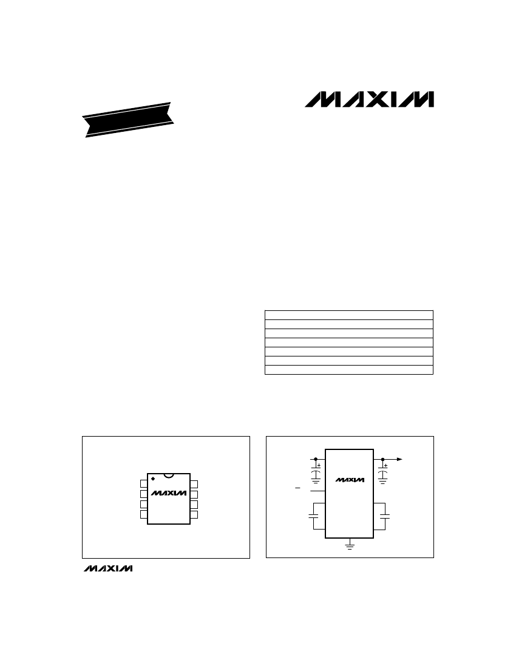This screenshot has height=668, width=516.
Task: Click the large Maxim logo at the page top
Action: click(369, 100)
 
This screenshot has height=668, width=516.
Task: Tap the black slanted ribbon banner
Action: click(129, 120)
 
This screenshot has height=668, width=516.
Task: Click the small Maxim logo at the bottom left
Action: click(107, 569)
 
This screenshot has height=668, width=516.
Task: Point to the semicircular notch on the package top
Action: click(169, 475)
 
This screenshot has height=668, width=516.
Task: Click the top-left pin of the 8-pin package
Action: click(144, 484)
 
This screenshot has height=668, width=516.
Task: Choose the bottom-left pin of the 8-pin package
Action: click(144, 514)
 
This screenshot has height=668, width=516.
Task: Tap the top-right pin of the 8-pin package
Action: click(194, 484)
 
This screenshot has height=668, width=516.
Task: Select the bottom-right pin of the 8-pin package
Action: click(194, 514)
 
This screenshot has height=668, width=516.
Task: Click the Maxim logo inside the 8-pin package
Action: click(169, 492)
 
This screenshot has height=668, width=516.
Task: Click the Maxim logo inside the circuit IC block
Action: click(350, 480)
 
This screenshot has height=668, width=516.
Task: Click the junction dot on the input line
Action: click(316, 460)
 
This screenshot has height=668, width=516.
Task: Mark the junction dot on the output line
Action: click(382, 460)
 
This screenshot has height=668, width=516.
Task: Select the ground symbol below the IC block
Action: click(350, 546)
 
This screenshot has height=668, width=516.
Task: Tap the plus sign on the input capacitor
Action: click(319, 465)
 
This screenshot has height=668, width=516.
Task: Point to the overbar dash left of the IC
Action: click(297, 488)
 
